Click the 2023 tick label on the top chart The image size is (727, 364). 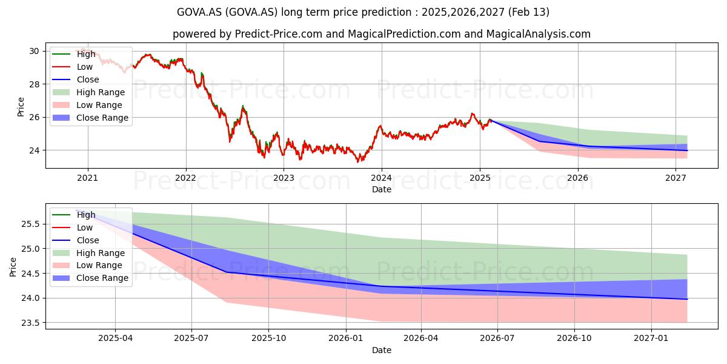click(284, 178)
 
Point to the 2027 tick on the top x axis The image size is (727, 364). click(676, 178)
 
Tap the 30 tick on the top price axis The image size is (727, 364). click(34, 52)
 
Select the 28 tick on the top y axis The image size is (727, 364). click(34, 84)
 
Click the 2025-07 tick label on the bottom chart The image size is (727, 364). click(191, 339)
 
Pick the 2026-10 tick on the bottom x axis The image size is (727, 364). click(574, 339)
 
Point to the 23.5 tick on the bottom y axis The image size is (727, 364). click(30, 323)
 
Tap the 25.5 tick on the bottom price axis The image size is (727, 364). click(30, 224)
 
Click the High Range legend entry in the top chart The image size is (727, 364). click(88, 92)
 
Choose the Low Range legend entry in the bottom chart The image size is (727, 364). click(87, 265)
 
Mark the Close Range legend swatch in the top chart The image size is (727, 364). click(61, 118)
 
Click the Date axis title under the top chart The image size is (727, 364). click(382, 189)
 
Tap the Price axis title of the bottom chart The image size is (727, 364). click(13, 267)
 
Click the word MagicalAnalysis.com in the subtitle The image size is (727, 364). click(538, 34)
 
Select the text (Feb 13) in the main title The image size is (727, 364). click(529, 12)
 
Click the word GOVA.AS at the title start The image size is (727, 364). click(199, 12)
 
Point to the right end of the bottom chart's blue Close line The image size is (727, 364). click(687, 299)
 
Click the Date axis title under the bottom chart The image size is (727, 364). click(382, 350)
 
